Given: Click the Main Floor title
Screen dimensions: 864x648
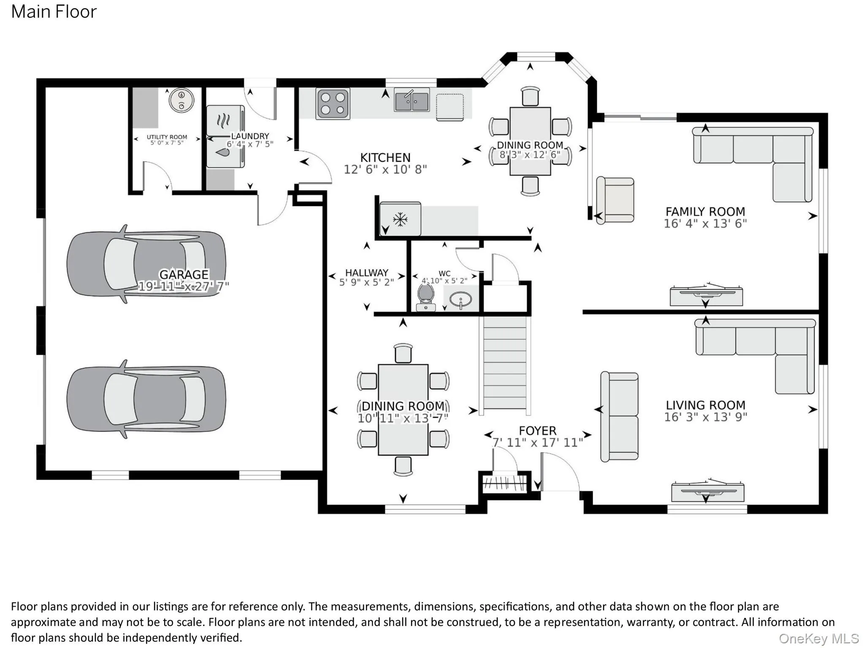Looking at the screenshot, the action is tap(54, 12).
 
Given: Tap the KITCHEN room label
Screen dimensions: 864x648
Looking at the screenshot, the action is tap(385, 158).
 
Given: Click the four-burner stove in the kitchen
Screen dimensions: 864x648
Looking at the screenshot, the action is tap(333, 104).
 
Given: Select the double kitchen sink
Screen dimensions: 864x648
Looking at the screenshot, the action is tap(412, 100).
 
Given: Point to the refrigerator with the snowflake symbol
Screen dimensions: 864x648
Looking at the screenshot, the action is tap(400, 219).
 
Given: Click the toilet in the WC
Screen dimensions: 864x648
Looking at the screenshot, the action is tap(426, 297).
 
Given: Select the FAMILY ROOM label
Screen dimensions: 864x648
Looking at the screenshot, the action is tap(705, 212).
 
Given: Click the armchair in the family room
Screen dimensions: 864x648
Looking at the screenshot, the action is tap(615, 200).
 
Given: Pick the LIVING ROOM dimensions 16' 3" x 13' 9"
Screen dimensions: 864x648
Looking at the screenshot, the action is tap(705, 417).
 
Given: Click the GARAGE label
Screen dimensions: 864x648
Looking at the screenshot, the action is tap(184, 275).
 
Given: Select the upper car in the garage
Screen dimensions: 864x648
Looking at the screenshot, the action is tap(146, 264).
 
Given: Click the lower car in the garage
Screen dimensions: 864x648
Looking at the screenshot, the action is tap(146, 399).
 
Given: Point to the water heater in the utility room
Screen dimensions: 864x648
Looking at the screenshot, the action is tap(181, 100).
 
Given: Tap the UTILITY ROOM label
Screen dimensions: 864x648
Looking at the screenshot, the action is tap(167, 137).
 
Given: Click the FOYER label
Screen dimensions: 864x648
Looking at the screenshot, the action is tap(537, 431).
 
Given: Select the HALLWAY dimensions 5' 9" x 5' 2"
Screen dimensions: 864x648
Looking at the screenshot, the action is tap(366, 282).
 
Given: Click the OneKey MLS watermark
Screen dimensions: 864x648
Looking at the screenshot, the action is tap(819, 638).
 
